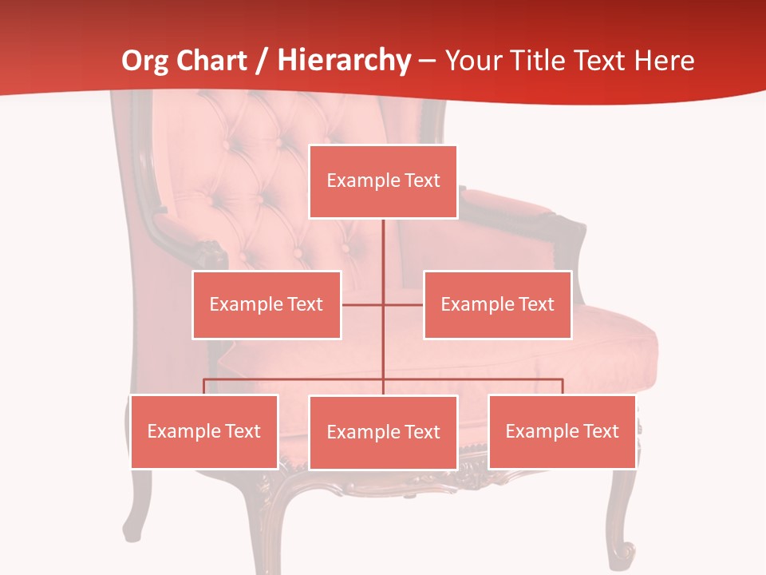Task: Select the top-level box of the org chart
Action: point(383,181)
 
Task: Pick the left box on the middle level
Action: point(267,305)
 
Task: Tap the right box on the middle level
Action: point(497,305)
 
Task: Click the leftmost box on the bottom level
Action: point(204,431)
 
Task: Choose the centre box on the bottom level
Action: point(383,432)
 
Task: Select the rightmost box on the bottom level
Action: point(562,431)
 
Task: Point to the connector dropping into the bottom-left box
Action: point(204,387)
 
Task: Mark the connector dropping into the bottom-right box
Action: point(563,387)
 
